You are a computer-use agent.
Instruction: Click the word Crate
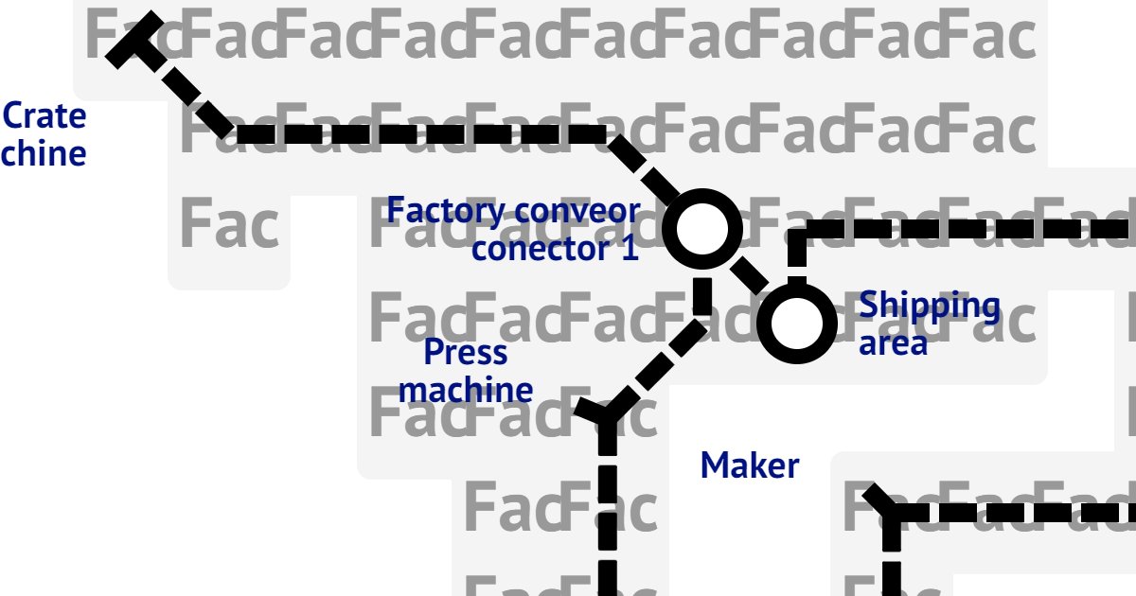(44, 116)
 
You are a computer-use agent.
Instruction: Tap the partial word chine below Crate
(44, 153)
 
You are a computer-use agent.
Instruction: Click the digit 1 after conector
(630, 249)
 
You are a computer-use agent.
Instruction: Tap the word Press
(466, 352)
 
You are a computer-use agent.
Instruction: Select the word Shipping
(929, 306)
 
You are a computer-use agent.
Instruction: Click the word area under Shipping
(893, 342)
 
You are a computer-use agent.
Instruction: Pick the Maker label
(750, 465)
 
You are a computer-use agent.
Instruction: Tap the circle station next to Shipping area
(797, 324)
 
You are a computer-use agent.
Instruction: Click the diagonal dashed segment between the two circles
(751, 276)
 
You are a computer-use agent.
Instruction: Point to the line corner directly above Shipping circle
(797, 230)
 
